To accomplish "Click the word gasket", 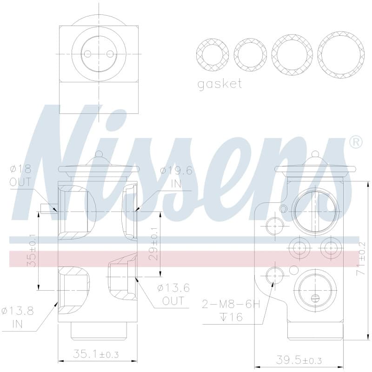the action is (219, 84).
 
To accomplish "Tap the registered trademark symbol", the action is (356, 142).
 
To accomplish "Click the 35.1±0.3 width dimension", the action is (96, 354).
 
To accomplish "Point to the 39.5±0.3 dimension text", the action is (299, 360).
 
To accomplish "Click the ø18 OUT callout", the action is (20, 176).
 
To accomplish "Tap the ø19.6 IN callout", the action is (176, 177).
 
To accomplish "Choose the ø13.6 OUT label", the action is (173, 294).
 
